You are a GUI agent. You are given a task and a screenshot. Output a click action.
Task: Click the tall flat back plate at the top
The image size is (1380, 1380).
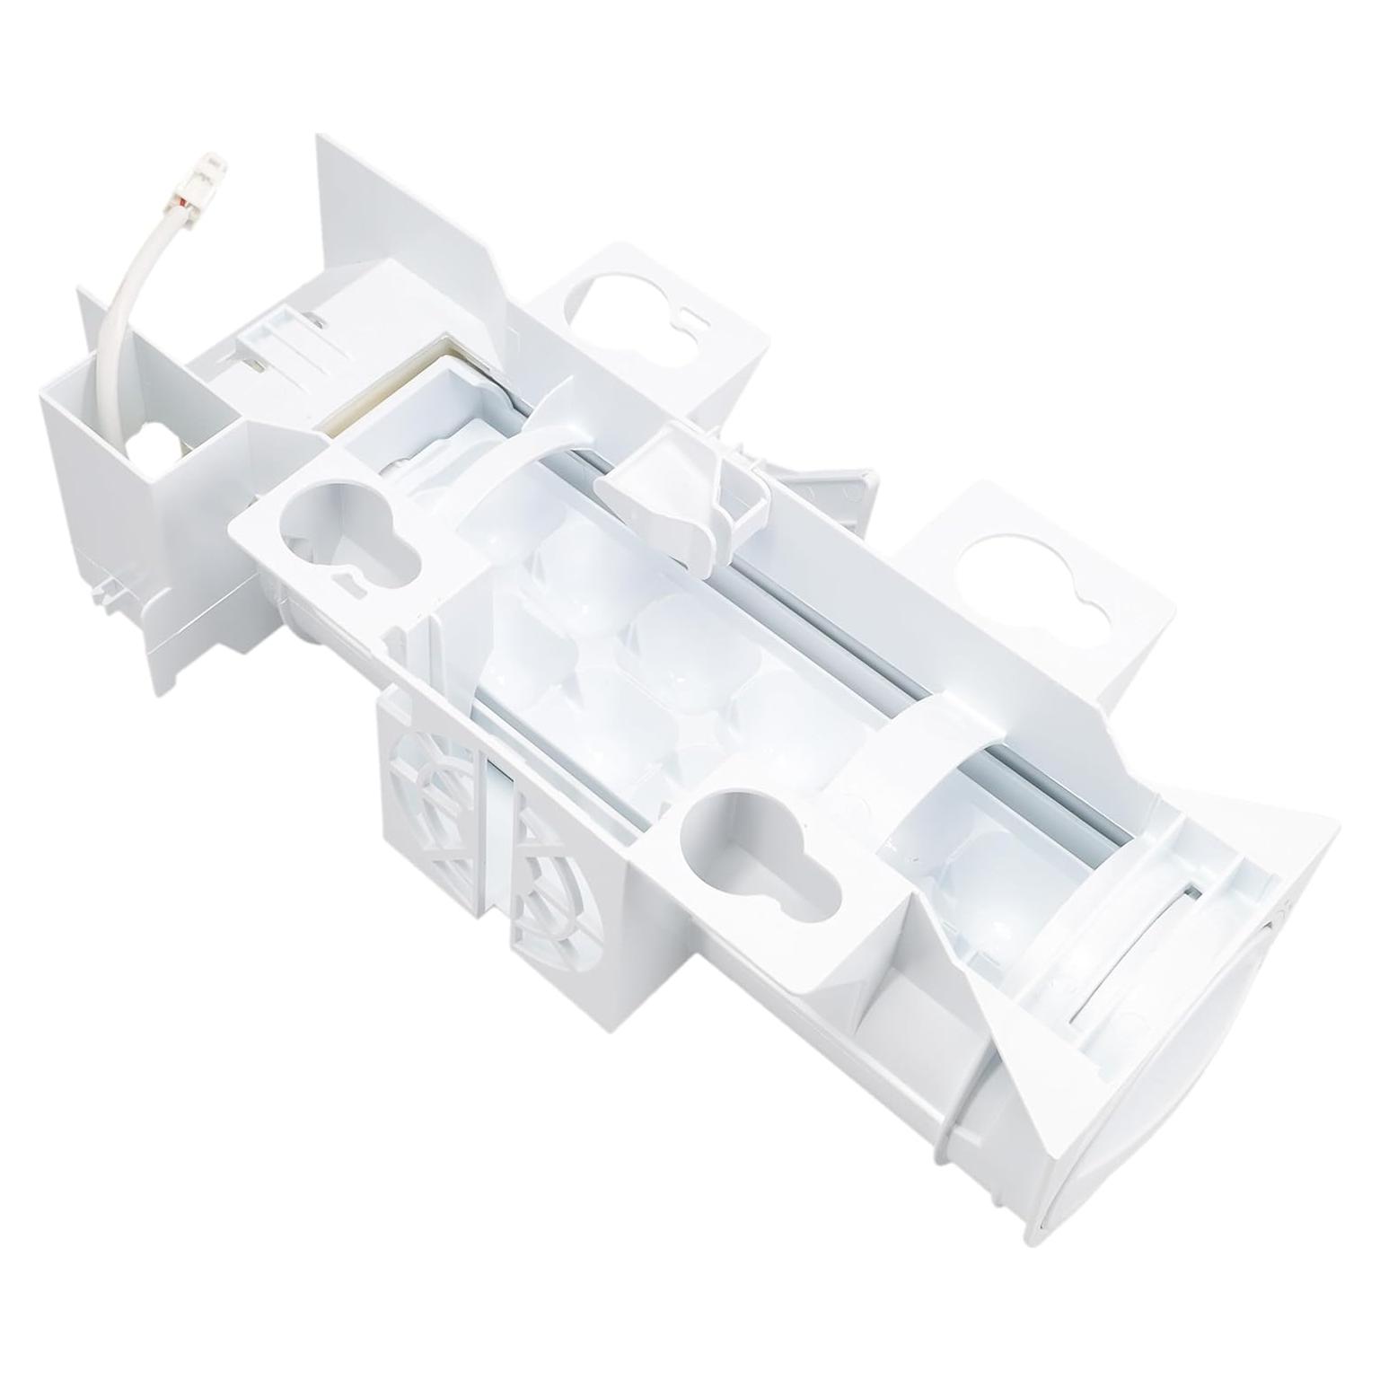(404, 224)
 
